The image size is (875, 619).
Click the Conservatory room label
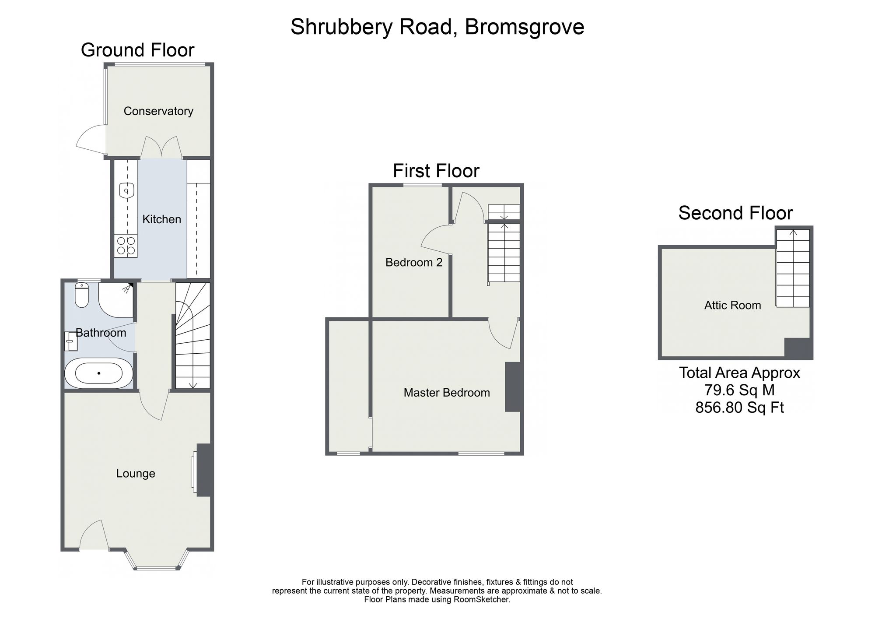point(158,111)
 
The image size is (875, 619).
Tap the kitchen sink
point(126,191)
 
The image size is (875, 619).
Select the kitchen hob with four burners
point(126,246)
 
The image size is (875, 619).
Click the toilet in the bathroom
point(82,295)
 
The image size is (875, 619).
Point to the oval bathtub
point(99,373)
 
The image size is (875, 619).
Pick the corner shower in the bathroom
point(115,300)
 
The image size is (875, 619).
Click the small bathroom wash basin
point(71,341)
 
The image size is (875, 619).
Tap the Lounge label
point(136,474)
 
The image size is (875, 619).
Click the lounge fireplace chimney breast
point(204,470)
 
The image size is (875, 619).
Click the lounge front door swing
point(94,535)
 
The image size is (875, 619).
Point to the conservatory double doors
point(161,147)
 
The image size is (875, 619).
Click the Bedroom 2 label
point(414,263)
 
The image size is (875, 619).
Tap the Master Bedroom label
point(447,393)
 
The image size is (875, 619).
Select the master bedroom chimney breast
point(513,387)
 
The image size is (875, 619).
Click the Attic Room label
point(733,306)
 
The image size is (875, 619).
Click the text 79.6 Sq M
point(739,390)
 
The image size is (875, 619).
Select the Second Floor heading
point(735,213)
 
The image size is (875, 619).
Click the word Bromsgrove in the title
point(525,27)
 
